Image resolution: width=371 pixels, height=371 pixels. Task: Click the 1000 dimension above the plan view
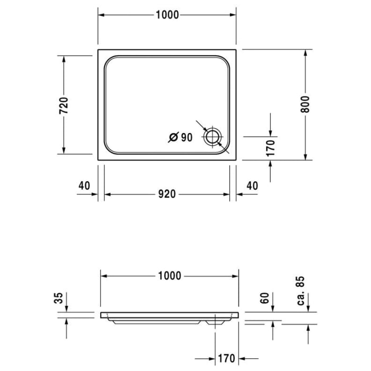[x=167, y=15]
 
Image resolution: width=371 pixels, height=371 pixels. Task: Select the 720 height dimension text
[x=63, y=105]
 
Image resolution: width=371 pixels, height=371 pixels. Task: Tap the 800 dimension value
[x=305, y=105]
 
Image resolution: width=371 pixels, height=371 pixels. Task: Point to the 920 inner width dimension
[x=166, y=195]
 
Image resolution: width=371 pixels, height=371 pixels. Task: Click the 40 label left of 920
[x=84, y=185]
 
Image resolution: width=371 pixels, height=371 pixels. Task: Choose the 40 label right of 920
[x=252, y=185]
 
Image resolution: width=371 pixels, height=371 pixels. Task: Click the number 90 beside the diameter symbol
[x=185, y=138]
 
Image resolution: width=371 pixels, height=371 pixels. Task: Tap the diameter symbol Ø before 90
[x=173, y=138]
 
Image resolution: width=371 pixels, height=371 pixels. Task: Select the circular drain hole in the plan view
[x=213, y=136]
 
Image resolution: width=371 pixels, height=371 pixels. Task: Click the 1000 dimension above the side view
[x=169, y=276]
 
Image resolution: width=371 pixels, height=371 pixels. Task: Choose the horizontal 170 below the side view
[x=226, y=359]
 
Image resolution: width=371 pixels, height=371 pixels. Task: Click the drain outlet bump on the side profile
[x=216, y=321]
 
